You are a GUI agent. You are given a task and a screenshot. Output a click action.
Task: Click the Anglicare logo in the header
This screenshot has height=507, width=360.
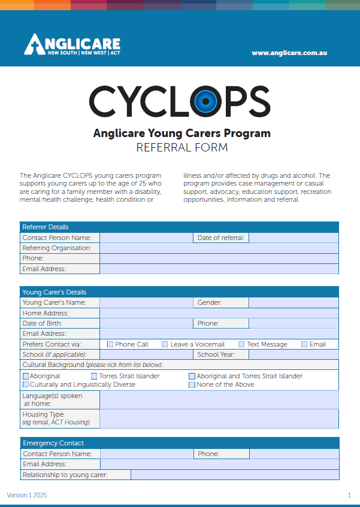[72, 45]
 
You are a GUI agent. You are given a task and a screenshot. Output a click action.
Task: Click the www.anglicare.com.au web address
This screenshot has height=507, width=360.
[289, 53]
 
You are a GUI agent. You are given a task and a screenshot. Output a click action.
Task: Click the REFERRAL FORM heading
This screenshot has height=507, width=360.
[181, 147]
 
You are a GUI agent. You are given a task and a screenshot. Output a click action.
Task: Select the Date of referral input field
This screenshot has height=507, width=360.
[294, 238]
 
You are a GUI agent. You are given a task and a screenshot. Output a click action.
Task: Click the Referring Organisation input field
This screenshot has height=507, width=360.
[219, 248]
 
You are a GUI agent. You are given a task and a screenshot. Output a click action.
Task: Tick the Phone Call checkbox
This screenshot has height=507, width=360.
[110, 344]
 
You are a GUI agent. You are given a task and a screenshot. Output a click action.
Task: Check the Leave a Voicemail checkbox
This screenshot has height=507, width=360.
[165, 344]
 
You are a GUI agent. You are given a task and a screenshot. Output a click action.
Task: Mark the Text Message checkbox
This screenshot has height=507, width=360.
[241, 344]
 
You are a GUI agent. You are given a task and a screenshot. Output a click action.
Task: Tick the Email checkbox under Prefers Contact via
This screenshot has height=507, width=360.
[304, 344]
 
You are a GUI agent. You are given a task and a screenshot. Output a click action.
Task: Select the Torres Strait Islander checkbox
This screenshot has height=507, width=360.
[94, 377]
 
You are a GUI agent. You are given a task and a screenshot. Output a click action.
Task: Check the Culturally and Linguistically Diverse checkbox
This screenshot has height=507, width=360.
[26, 384]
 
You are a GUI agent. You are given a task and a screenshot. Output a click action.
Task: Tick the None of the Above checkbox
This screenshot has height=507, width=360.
[192, 384]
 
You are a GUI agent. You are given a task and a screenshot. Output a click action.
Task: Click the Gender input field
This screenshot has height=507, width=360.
[294, 302]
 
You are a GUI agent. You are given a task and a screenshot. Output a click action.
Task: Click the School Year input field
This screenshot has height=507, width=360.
[294, 354]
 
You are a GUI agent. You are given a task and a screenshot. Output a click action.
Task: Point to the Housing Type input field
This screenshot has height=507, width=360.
[219, 418]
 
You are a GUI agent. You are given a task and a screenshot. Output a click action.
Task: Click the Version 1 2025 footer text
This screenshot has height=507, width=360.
[27, 495]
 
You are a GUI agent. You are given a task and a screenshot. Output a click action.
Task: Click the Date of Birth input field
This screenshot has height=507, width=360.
[146, 323]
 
